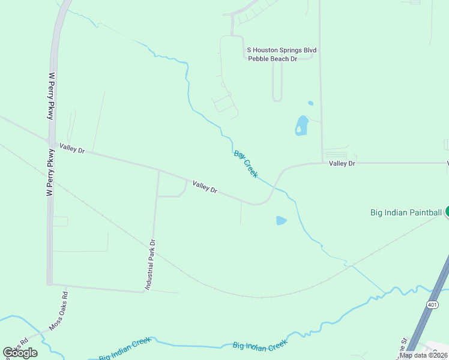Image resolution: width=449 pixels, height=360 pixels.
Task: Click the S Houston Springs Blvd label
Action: pos(282,50)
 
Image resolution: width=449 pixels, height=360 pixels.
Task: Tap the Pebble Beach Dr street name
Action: pos(273,59)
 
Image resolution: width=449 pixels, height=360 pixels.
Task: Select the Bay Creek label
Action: pos(246,164)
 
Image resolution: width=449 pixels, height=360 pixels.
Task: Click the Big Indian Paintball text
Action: pos(405,212)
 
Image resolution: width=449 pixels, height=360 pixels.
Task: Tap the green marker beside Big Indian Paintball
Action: pos(447,212)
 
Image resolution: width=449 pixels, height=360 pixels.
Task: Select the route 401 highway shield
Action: pos(432,305)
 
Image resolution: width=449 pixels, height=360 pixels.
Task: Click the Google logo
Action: pos(20,352)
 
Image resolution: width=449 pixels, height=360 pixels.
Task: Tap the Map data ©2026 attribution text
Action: pos(423,355)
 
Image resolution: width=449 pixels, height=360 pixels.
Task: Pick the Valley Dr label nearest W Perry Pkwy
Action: pos(72,148)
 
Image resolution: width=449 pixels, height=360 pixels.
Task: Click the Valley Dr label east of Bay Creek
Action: pos(342,163)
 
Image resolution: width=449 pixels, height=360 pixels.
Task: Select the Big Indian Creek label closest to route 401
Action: pos(260,346)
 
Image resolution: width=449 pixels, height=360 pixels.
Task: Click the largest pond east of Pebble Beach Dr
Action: pos(301,125)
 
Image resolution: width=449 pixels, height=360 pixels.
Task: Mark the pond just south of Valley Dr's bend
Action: pos(281,221)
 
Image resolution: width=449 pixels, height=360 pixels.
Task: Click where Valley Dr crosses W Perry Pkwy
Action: pos(51,142)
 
